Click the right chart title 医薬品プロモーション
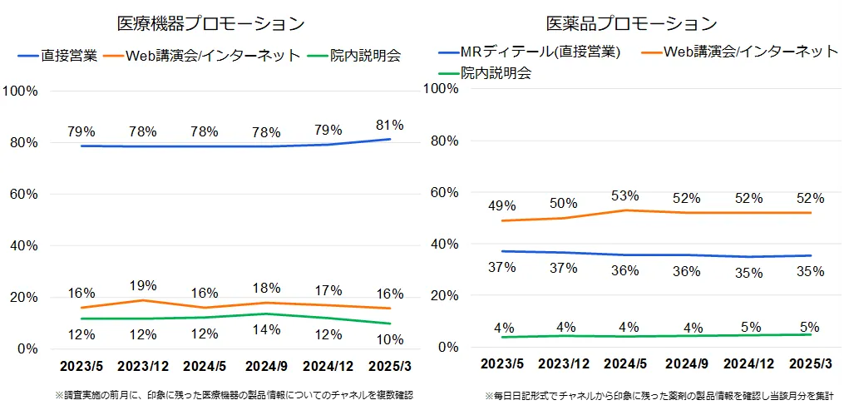pos(631,22)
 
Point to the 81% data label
pos(389,126)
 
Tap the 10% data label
pos(389,338)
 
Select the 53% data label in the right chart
pos(624,195)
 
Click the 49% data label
pos(501,205)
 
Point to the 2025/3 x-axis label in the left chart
pos(389,366)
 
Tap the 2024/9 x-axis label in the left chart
pos(266,366)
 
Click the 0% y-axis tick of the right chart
pos(449,347)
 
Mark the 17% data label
pos(328,290)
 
